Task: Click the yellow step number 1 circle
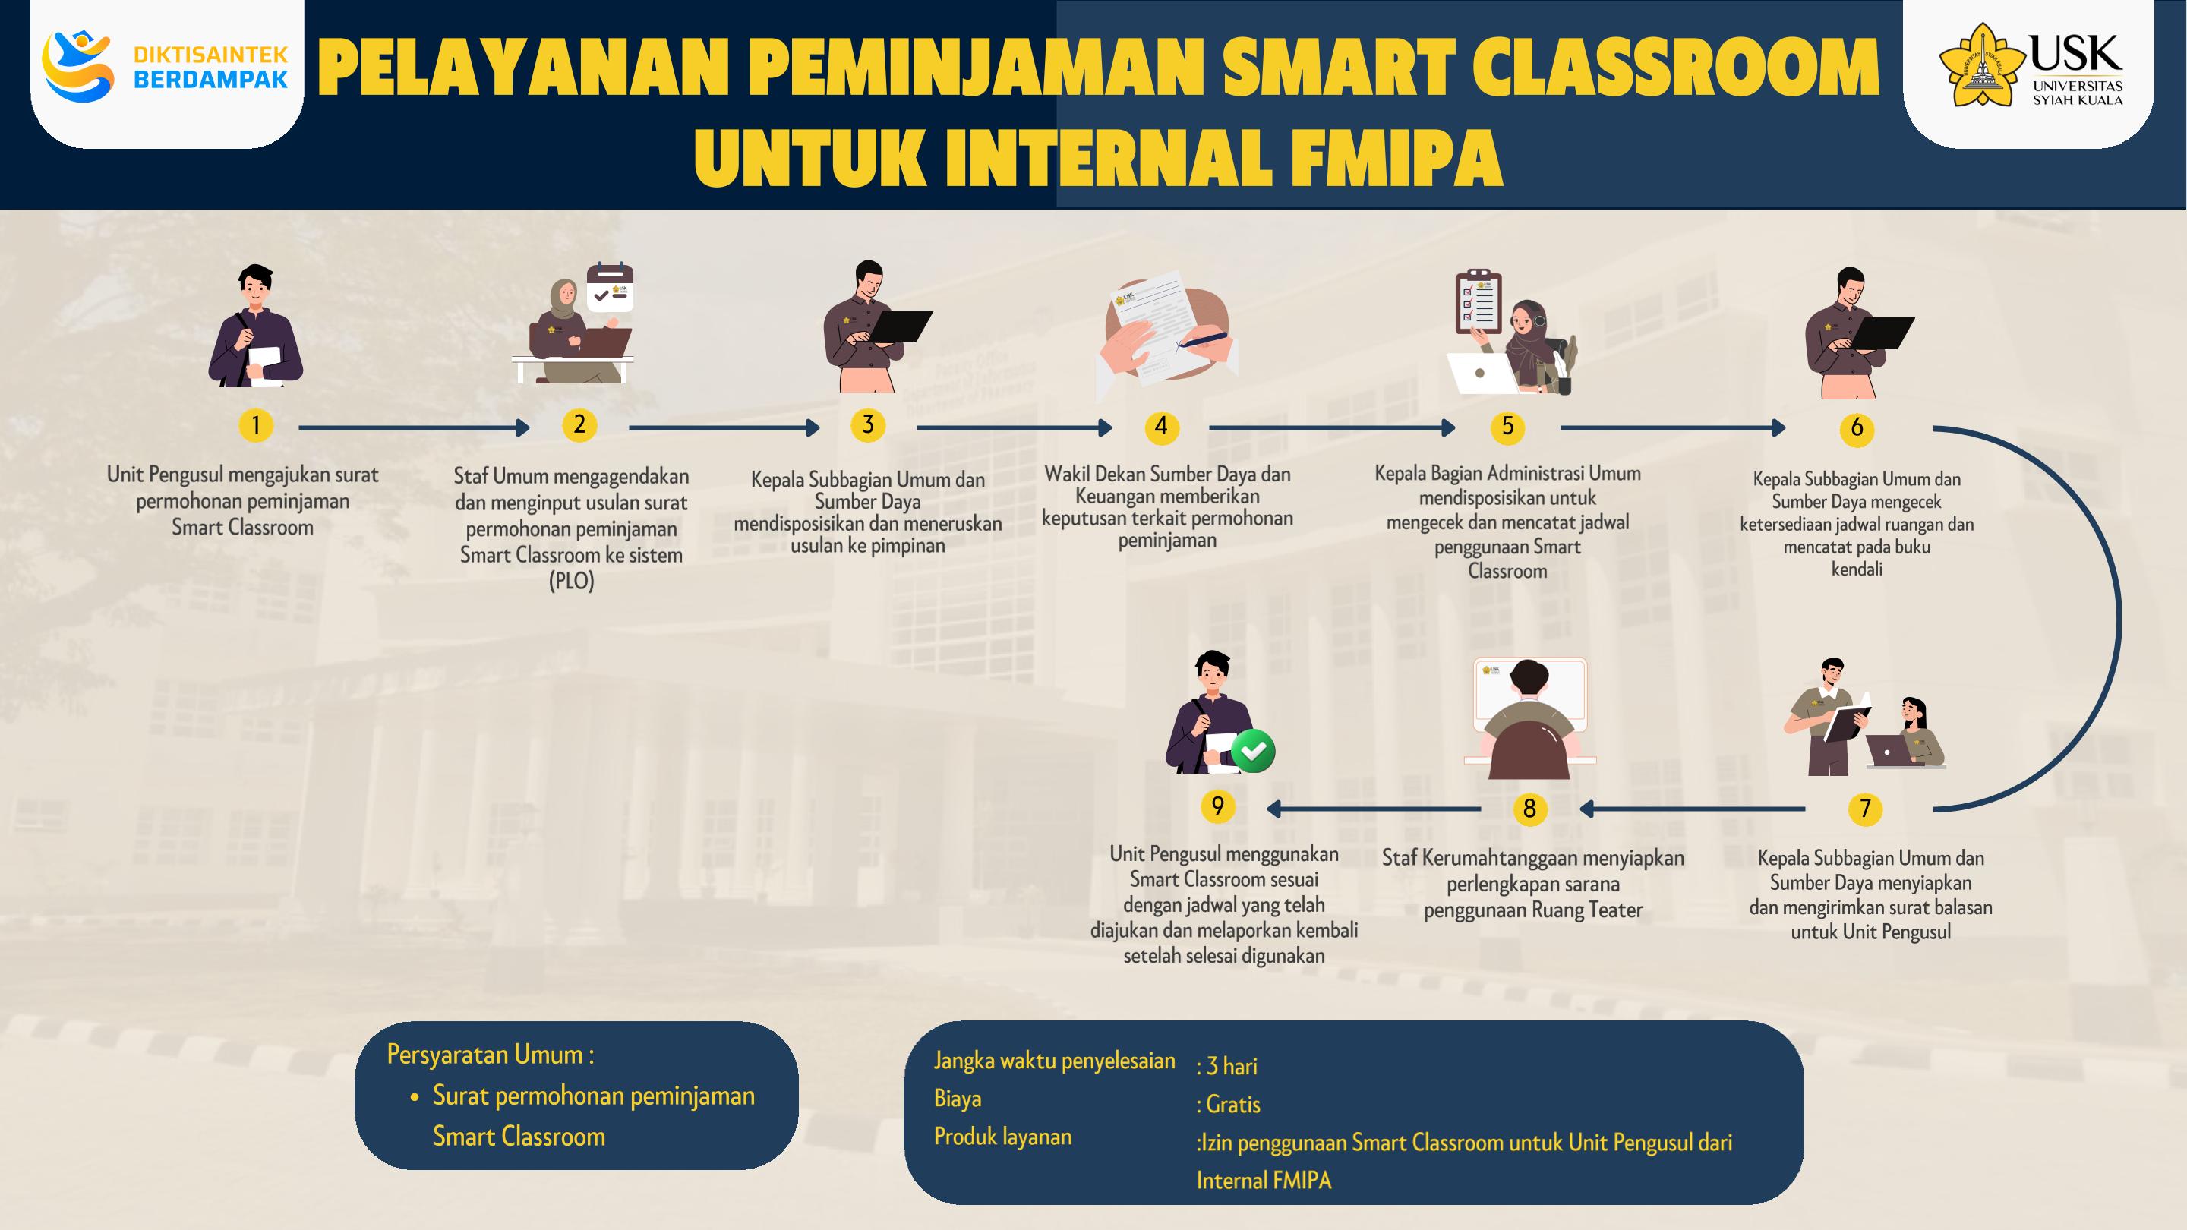(x=256, y=424)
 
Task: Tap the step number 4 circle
(x=1160, y=426)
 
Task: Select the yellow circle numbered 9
(x=1217, y=806)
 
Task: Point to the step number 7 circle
(x=1865, y=808)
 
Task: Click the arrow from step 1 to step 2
(x=415, y=427)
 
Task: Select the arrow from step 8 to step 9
(x=1374, y=809)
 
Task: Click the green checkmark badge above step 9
(x=1252, y=750)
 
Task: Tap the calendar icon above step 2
(x=611, y=288)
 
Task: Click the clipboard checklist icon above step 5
(x=1478, y=301)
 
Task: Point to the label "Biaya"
(x=958, y=1099)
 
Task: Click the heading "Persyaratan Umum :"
(x=491, y=1055)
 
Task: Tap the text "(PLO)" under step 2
(x=571, y=582)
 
